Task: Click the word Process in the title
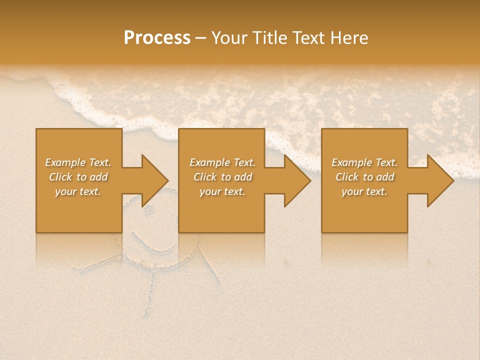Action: coord(157,38)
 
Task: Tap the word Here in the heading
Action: coord(349,38)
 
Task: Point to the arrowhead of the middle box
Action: coord(297,180)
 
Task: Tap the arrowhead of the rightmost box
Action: coord(440,180)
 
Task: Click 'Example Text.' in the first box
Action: coord(78,162)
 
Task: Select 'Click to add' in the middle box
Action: coord(222,177)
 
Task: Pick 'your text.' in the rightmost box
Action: coord(364,191)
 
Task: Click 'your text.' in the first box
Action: coord(78,191)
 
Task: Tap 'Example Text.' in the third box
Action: coord(364,162)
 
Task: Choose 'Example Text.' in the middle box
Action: coord(222,162)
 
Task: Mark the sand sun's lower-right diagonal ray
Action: coord(210,267)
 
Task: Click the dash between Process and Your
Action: coord(201,38)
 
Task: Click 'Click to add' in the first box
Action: coord(78,177)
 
